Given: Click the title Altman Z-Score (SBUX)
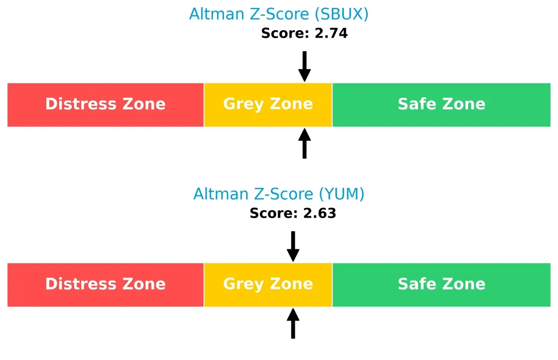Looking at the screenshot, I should click(x=279, y=14).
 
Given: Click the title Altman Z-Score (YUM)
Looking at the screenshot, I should click(x=279, y=194).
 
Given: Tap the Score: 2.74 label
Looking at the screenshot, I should click(x=304, y=33).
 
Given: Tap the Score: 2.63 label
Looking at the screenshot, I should click(x=292, y=213).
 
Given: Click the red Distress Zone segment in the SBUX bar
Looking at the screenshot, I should click(x=106, y=105).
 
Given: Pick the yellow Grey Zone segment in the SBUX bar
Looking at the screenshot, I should click(x=268, y=105).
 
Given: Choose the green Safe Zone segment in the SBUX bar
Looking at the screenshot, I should click(x=441, y=105).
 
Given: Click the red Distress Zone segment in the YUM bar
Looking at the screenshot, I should click(x=106, y=285).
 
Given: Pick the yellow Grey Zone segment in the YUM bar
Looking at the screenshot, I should click(x=268, y=285).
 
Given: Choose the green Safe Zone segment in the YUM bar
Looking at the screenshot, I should click(x=441, y=285).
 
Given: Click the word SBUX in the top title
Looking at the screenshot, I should click(x=341, y=14).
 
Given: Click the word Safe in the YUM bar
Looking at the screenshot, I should click(x=415, y=284).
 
